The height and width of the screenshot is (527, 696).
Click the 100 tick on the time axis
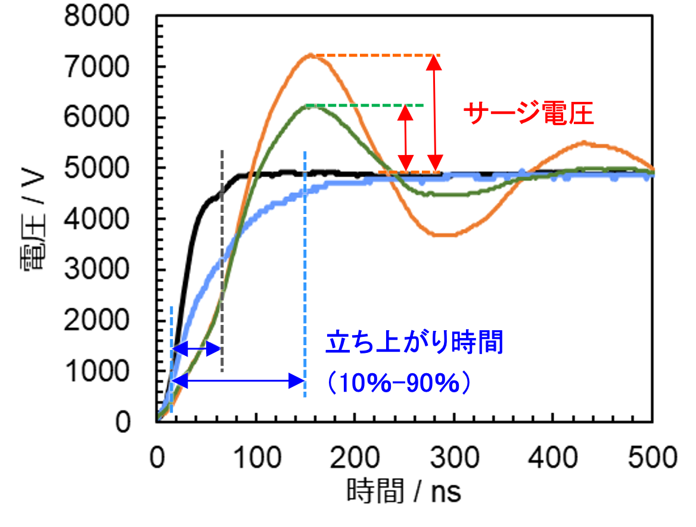pyautogui.click(x=256, y=458)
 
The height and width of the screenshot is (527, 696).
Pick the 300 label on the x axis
pyautogui.click(x=455, y=458)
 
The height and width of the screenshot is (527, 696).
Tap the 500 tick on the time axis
pyautogui.click(x=653, y=458)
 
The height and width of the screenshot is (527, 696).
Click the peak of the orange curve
pyautogui.click(x=311, y=55)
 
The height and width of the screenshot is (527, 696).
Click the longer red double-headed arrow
pyautogui.click(x=436, y=114)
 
